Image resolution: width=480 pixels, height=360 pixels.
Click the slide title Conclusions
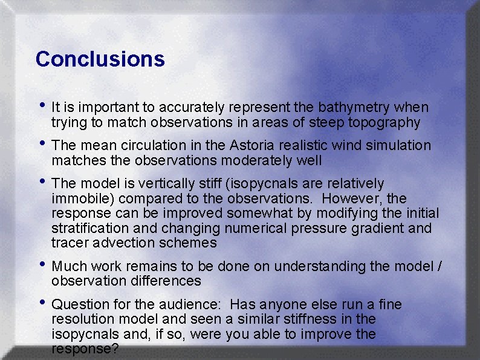[x=100, y=59]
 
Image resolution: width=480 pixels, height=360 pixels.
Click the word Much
[x=69, y=266]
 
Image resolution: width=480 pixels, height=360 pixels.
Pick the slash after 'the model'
[x=439, y=266]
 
